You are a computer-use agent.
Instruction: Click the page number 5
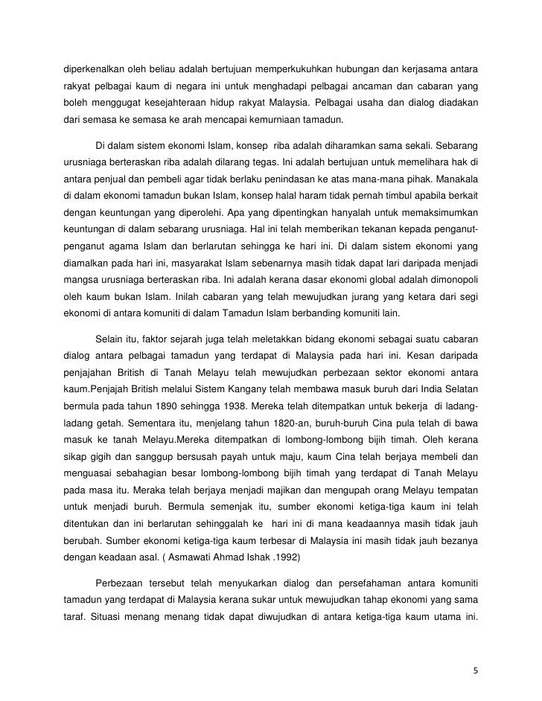[x=476, y=670]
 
